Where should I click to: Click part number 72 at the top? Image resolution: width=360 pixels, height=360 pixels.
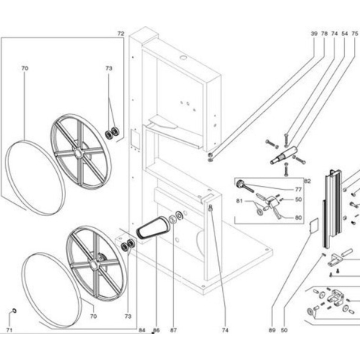click(121, 34)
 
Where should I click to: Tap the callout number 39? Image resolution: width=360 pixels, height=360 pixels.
click(314, 34)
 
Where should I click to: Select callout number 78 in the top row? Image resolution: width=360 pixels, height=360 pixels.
click(324, 34)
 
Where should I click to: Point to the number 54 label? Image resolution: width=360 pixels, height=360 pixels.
click(345, 34)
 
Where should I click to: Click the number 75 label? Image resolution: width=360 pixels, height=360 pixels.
click(355, 34)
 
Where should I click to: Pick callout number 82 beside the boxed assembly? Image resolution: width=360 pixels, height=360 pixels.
click(307, 181)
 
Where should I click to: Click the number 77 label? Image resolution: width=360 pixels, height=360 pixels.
click(298, 190)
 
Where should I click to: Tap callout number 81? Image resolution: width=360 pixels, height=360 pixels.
click(239, 201)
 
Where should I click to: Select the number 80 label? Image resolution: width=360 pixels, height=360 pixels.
click(298, 217)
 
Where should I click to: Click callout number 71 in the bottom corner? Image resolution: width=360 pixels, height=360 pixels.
click(9, 330)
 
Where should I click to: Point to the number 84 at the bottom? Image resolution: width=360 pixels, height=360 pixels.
click(142, 330)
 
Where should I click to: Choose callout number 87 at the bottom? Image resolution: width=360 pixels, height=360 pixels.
click(173, 330)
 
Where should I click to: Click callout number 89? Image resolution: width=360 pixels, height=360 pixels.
click(272, 330)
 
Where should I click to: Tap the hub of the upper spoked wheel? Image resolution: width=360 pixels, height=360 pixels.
click(78, 153)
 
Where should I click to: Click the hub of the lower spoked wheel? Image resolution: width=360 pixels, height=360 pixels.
click(94, 265)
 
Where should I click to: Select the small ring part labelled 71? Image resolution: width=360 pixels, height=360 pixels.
click(15, 310)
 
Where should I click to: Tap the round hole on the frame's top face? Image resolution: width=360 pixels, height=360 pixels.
click(184, 58)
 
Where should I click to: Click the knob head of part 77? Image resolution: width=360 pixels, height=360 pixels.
click(240, 184)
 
